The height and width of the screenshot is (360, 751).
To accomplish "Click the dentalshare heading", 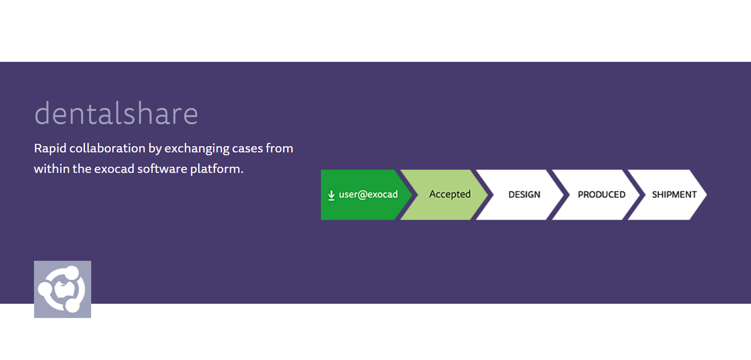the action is [116, 113].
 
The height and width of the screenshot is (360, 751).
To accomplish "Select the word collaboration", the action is [107, 148].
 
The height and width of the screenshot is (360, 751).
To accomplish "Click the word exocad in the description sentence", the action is [114, 169].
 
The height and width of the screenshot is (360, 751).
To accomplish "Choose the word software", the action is [162, 168].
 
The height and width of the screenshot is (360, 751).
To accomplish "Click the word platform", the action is [217, 169].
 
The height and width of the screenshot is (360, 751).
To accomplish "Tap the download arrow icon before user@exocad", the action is [331, 195].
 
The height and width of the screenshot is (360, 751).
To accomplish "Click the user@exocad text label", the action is [368, 194].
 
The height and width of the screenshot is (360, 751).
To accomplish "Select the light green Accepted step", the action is [444, 194].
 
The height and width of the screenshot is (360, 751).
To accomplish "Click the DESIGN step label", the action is [524, 194].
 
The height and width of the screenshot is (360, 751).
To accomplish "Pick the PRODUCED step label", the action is [602, 194].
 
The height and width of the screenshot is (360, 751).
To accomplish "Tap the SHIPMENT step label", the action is [674, 194].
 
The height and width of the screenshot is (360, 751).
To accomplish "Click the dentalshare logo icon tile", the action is [63, 289].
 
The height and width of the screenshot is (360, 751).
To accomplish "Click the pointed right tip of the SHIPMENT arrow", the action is [706, 194].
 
